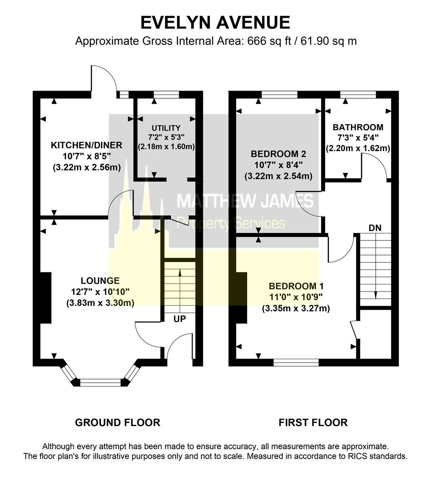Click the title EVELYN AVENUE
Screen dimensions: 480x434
coord(216,22)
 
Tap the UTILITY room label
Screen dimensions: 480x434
coord(166,128)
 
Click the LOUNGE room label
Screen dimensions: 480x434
coord(100,280)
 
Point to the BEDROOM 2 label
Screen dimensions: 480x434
coord(278,154)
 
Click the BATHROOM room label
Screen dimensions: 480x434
coord(358,127)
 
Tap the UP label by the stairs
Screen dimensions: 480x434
coord(180,319)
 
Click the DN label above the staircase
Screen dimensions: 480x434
coord(374,228)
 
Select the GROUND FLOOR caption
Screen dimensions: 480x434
coord(117,422)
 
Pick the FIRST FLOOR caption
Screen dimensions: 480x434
coord(313,422)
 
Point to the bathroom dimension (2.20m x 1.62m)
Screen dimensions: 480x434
coord(358,148)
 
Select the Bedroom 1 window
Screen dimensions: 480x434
coord(296,363)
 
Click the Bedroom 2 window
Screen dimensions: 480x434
coord(279,94)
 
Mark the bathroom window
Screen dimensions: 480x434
coord(358,94)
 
